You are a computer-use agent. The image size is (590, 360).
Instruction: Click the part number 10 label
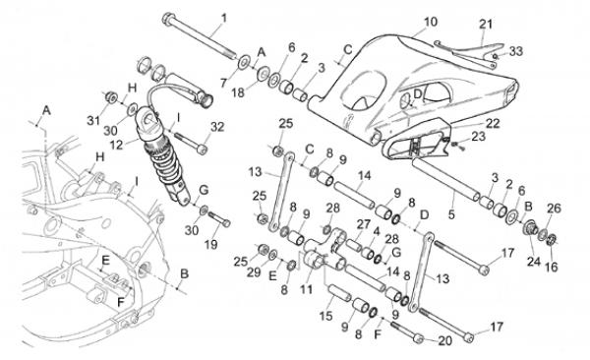[x=431, y=22]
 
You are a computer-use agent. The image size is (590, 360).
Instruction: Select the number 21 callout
[x=486, y=25]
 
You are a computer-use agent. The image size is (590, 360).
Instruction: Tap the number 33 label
[x=516, y=51]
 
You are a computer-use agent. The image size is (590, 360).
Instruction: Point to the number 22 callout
[x=493, y=123]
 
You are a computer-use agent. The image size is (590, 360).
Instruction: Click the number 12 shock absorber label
[x=117, y=145]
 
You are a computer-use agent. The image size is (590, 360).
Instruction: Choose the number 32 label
[x=217, y=127]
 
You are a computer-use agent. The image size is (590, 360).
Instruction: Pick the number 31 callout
[x=93, y=121]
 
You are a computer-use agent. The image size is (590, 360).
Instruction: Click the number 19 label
[x=211, y=244]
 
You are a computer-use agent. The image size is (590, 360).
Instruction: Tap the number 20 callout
[x=445, y=340]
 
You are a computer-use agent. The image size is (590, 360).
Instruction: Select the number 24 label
[x=534, y=261]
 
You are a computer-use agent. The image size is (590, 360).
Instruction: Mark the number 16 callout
[x=552, y=268]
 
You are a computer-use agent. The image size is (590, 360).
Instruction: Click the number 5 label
[x=451, y=214]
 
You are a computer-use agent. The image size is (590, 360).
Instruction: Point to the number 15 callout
[x=325, y=316]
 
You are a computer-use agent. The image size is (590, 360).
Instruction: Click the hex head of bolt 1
[x=168, y=18]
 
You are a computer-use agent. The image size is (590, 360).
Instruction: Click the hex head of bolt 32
[x=202, y=150]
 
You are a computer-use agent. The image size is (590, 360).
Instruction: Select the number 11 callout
[x=306, y=289]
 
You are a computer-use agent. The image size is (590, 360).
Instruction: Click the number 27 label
[x=364, y=224]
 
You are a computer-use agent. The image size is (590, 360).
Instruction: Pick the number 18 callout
[x=238, y=92]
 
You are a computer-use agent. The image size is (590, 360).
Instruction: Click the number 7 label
[x=224, y=83]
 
